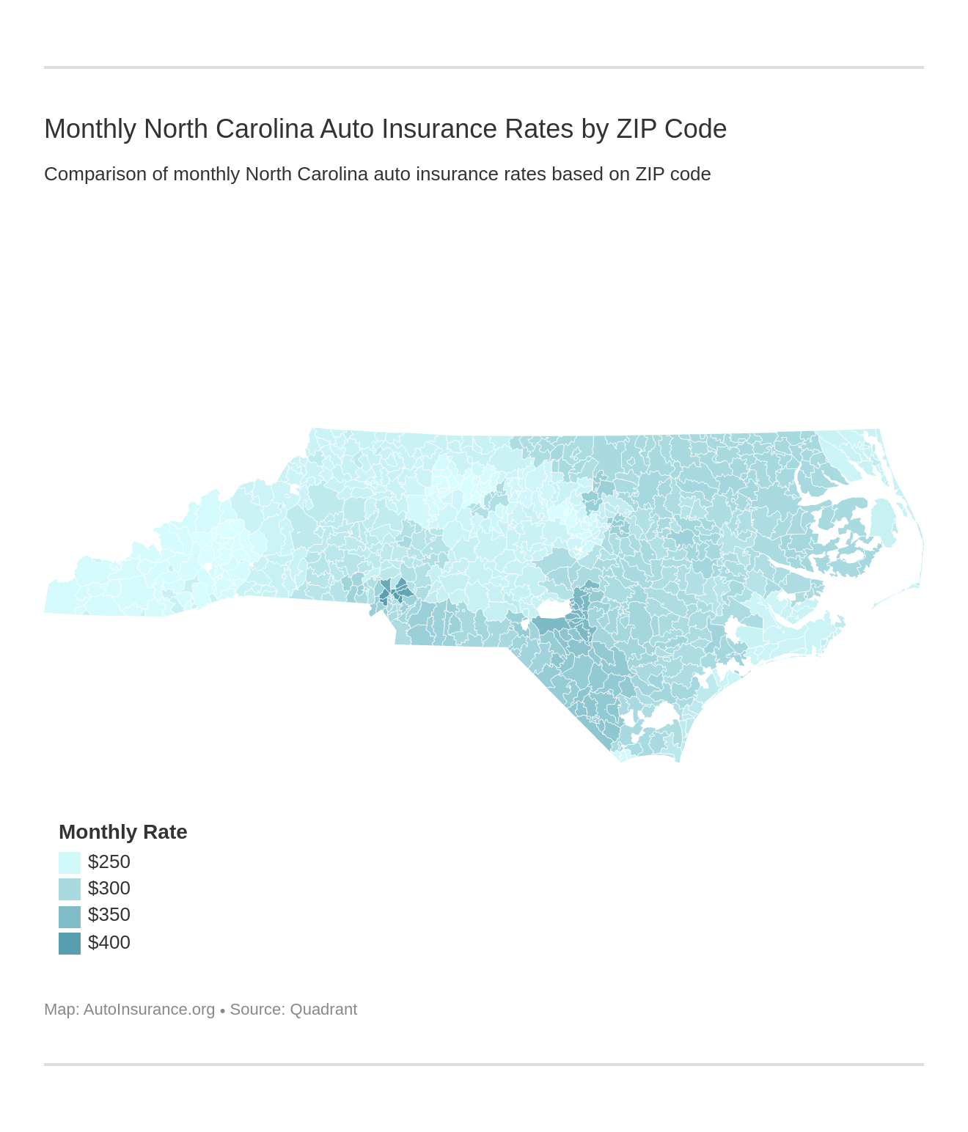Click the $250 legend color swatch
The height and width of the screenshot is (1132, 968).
tap(70, 862)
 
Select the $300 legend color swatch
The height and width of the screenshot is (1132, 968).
tap(70, 889)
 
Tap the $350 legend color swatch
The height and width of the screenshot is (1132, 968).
tap(70, 916)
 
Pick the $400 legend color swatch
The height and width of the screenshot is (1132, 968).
tap(70, 943)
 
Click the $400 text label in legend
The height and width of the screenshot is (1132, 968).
tap(109, 942)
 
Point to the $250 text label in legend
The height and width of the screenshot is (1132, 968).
tap(109, 861)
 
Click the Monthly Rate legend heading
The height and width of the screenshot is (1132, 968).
tap(122, 832)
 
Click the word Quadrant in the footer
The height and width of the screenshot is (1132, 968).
tap(323, 1010)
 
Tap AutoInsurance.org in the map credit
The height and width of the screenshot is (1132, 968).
tap(149, 1010)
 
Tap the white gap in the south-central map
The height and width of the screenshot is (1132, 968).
tap(554, 609)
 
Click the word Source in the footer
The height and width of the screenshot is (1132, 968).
tap(257, 1010)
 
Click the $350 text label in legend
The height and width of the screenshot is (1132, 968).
tap(109, 915)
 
